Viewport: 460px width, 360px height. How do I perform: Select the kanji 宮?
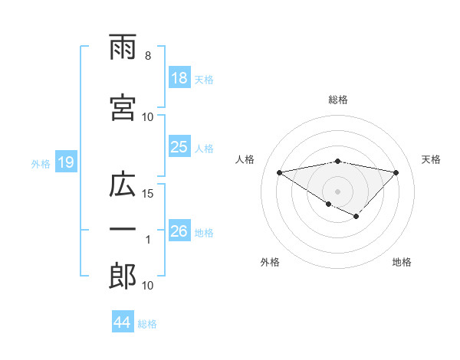click(x=123, y=108)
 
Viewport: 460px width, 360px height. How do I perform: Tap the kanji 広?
click(x=123, y=187)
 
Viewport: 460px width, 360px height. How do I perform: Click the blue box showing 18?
click(x=179, y=78)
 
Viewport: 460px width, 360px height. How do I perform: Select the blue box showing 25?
click(x=179, y=147)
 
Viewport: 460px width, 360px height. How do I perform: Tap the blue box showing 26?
click(x=179, y=231)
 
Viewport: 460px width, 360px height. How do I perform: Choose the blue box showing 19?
click(x=65, y=162)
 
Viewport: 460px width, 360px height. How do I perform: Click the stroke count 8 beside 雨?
click(x=147, y=56)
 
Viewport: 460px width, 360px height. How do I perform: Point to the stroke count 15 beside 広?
click(x=149, y=193)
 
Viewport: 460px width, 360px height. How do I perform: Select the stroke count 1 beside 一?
click(x=148, y=240)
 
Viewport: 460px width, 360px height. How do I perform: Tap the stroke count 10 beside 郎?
click(x=149, y=286)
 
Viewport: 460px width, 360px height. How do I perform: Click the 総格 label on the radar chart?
click(x=338, y=100)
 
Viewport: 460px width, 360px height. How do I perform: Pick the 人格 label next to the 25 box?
click(x=204, y=148)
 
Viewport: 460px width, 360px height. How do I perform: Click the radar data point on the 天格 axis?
click(x=396, y=172)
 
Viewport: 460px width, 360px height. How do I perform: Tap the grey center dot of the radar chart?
click(x=337, y=190)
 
